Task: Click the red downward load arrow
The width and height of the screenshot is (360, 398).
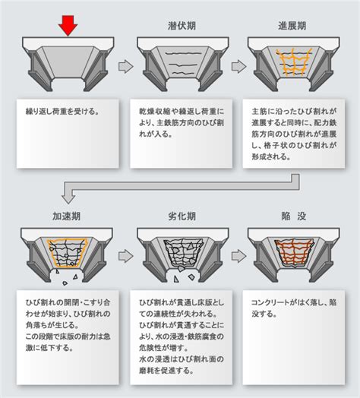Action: point(68,25)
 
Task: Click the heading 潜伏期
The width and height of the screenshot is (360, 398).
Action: point(182,26)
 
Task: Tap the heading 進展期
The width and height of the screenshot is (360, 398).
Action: point(292,26)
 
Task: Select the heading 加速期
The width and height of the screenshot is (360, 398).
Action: point(67,216)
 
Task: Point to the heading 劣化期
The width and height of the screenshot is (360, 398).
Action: point(182,216)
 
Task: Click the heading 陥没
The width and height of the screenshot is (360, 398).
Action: point(294,216)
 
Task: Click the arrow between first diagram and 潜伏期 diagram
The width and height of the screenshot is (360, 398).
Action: point(125,67)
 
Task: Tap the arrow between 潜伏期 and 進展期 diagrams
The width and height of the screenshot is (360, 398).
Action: point(238,67)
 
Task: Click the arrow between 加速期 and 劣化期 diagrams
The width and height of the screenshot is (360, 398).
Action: point(125,256)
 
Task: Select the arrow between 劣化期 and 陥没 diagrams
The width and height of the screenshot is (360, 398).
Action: point(238,256)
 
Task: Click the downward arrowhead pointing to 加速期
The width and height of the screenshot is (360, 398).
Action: point(68,198)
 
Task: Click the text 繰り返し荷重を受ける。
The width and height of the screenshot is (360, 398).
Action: point(62,112)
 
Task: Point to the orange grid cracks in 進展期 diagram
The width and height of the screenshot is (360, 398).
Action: point(294,62)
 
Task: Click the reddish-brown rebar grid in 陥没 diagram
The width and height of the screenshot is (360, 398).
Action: point(293,252)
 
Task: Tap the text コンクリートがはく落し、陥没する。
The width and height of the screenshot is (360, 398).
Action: point(294,308)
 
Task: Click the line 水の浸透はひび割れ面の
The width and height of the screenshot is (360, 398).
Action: point(182,359)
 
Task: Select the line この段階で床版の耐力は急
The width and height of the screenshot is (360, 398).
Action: point(68,336)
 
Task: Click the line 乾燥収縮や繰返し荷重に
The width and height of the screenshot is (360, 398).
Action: point(182,112)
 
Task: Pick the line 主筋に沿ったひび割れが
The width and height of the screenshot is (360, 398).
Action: point(294,112)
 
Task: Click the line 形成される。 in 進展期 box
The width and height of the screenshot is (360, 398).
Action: point(271,156)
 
